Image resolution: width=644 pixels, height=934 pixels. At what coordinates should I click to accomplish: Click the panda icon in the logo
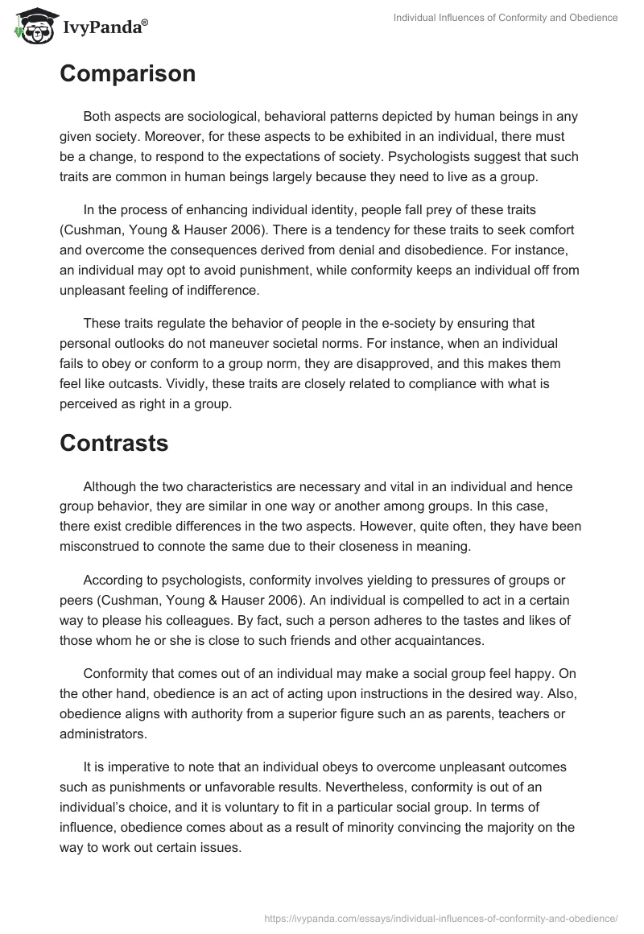(31, 26)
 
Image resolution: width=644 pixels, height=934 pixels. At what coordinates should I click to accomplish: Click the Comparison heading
(127, 73)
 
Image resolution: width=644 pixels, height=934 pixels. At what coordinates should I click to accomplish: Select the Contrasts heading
(114, 442)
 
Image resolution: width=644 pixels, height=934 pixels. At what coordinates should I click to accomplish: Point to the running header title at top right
(506, 18)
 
